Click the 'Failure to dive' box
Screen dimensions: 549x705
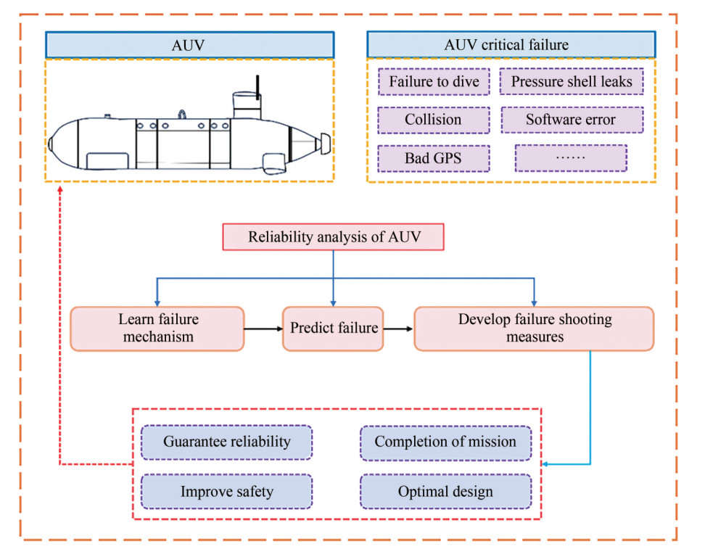(434, 81)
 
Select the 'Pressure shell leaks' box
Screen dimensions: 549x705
(572, 81)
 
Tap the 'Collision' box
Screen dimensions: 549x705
(434, 120)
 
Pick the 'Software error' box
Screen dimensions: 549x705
(571, 120)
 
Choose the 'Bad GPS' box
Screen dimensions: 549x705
(434, 157)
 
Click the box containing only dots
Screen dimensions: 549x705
(571, 157)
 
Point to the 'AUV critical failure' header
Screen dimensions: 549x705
(506, 44)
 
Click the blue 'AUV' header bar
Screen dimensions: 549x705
(189, 44)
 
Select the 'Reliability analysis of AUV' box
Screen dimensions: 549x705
(333, 237)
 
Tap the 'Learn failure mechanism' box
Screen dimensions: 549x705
(157, 329)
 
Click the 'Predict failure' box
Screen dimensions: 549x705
(334, 329)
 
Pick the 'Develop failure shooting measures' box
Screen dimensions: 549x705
(535, 329)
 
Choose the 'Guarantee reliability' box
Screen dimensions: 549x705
(226, 442)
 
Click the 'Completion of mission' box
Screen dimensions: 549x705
(445, 442)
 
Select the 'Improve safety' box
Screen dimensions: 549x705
(226, 492)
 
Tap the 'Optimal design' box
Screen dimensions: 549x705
(445, 492)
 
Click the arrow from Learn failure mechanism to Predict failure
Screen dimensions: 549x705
(263, 329)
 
